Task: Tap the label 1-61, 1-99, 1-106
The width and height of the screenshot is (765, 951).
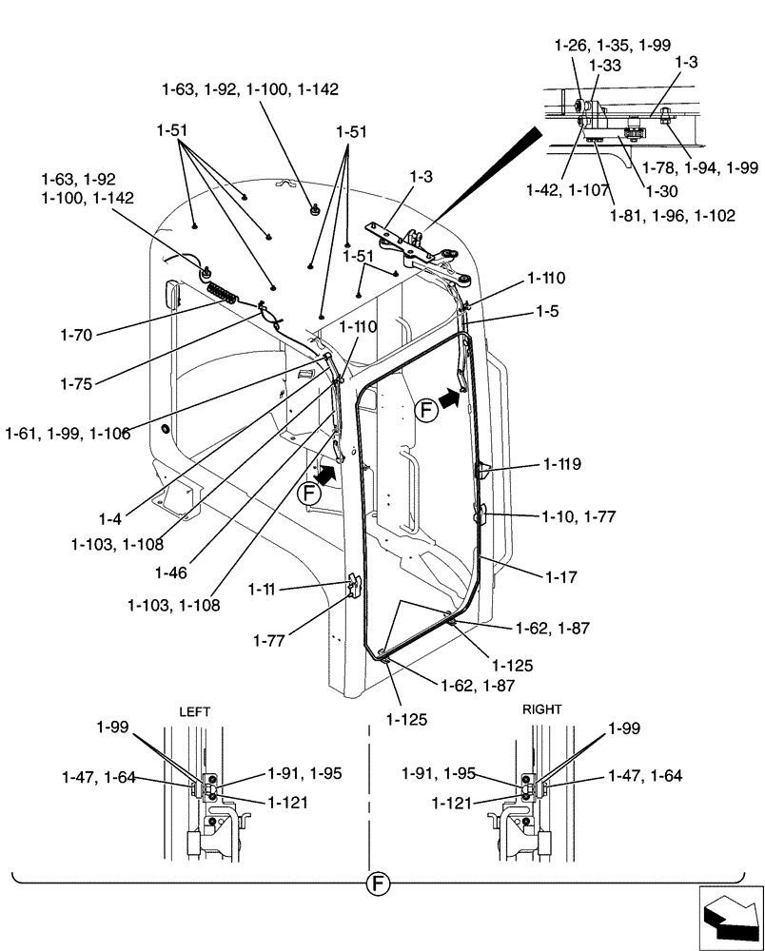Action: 66,435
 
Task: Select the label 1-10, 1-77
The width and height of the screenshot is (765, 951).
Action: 579,517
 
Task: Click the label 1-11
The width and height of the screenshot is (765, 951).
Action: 264,590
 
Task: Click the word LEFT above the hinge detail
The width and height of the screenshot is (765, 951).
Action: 194,710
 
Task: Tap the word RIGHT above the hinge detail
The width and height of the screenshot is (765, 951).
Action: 541,709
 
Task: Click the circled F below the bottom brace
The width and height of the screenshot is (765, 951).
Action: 378,885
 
